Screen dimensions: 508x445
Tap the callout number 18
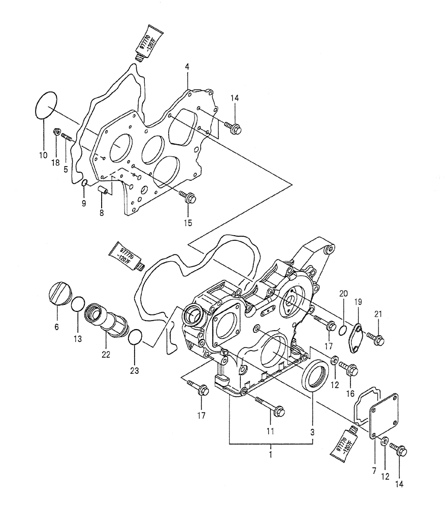coord(55,163)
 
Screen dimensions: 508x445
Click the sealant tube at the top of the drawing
coord(148,40)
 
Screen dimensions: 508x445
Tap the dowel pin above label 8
coord(103,191)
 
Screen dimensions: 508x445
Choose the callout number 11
coord(270,431)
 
